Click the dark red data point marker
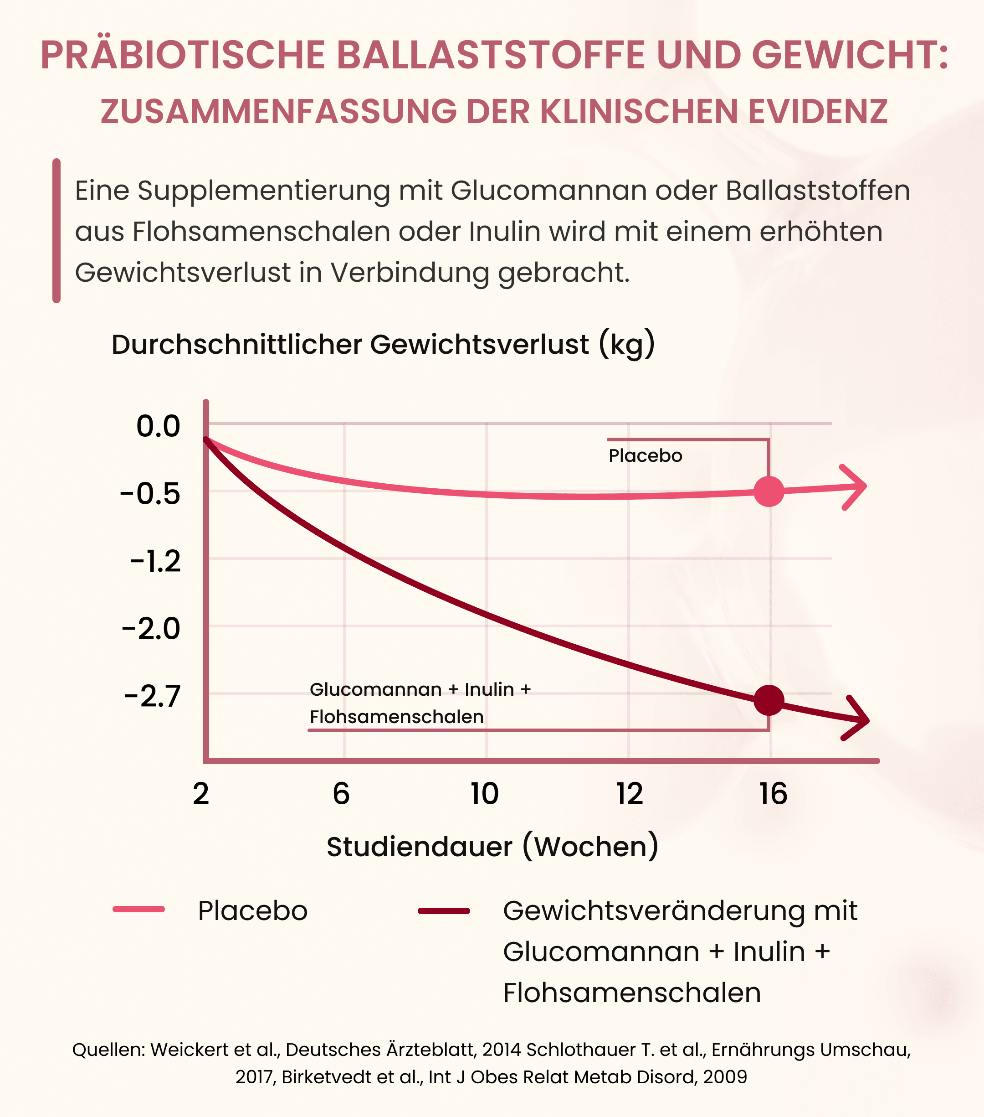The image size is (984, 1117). coord(769,700)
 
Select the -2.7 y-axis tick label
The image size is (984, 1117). coord(152,697)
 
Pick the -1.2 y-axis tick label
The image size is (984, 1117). coord(156,562)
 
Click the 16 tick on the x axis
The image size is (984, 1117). coord(773,794)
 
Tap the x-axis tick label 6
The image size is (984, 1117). coord(341,794)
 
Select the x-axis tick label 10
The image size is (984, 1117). coord(485,794)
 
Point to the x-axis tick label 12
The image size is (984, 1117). coord(630,794)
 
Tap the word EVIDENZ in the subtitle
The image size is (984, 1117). coord(817,112)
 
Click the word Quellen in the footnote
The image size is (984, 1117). coord(108,1050)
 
